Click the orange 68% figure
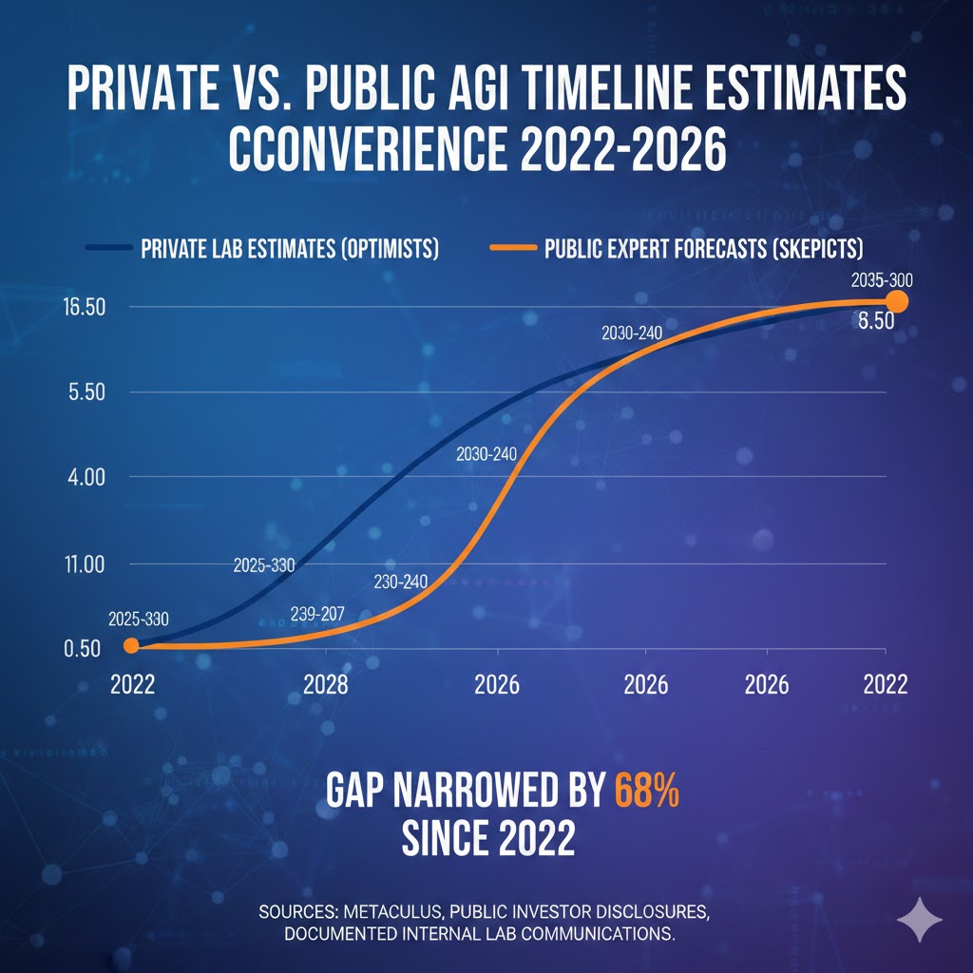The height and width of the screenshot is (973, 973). click(x=647, y=790)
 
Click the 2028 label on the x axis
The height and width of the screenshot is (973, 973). click(x=326, y=685)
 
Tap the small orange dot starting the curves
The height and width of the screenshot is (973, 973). click(x=132, y=646)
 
